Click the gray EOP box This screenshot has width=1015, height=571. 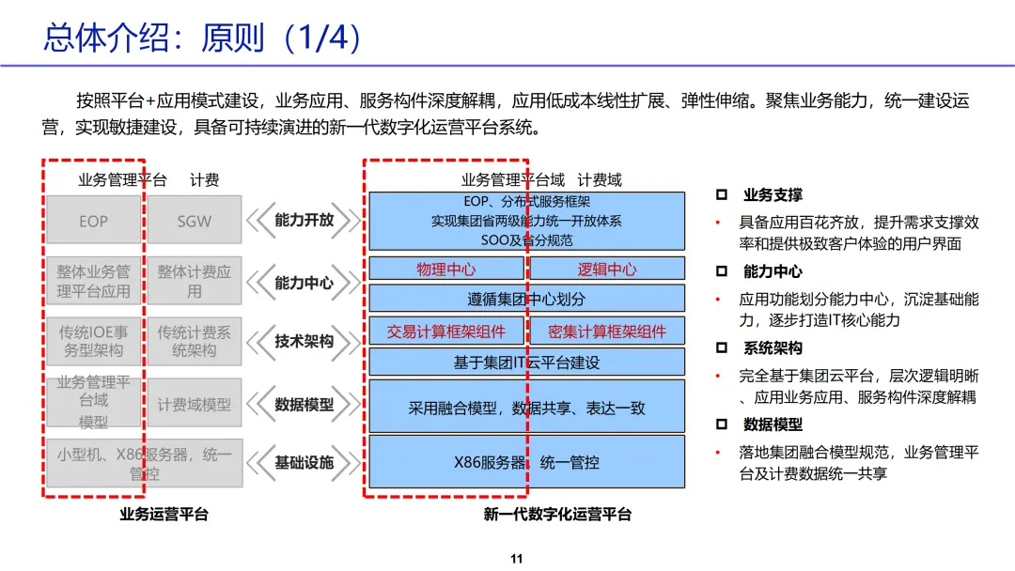[x=93, y=222]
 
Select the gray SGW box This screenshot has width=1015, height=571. [x=194, y=222]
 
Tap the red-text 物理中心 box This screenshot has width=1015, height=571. [x=446, y=270]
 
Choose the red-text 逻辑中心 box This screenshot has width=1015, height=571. [x=606, y=270]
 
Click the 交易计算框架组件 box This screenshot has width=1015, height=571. [x=446, y=332]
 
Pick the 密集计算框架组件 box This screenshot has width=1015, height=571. [x=606, y=332]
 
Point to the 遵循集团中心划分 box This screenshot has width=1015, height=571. [x=526, y=300]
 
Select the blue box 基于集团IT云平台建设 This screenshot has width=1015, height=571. [x=526, y=363]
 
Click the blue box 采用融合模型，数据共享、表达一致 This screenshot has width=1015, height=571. [x=526, y=409]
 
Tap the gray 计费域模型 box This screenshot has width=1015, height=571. [x=194, y=405]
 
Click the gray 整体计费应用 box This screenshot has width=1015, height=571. [x=194, y=282]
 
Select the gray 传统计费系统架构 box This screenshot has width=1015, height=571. [x=194, y=342]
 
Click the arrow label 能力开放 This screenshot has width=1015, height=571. [x=304, y=221]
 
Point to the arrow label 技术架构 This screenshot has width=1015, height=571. [x=304, y=342]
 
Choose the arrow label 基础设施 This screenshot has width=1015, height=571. [x=304, y=463]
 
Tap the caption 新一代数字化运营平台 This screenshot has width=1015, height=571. [x=557, y=515]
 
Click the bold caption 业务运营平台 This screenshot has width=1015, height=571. [x=164, y=515]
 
